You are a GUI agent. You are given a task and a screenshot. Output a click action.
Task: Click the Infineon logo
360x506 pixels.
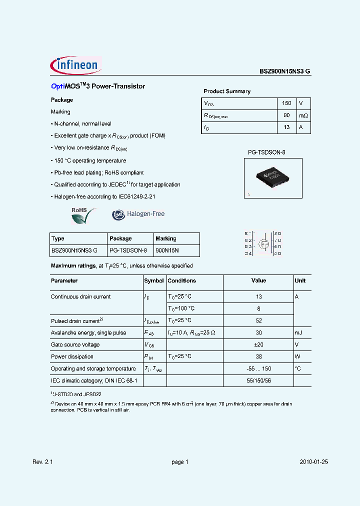tap(75, 65)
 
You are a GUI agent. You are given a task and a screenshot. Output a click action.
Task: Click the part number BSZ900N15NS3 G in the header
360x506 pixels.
tap(284, 71)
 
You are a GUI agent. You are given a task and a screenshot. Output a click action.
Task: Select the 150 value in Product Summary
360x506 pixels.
tap(286, 103)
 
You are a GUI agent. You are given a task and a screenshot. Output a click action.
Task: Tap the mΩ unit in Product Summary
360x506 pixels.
tap(303, 115)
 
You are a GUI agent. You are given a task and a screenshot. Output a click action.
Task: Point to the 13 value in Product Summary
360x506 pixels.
tap(286, 127)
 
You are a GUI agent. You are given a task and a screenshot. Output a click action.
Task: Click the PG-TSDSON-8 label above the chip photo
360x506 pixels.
tap(266, 151)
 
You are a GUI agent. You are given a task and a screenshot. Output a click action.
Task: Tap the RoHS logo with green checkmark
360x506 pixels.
tap(81, 215)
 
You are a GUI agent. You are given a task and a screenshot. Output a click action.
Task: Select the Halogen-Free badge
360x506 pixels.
tap(138, 214)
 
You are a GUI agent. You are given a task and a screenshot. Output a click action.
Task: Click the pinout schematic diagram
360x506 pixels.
tap(263, 243)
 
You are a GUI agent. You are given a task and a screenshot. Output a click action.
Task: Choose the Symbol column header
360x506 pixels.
tap(154, 281)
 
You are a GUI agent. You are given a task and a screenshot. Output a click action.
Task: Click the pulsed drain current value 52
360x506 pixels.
tap(258, 320)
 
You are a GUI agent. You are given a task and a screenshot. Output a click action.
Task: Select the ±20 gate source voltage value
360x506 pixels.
tap(258, 344)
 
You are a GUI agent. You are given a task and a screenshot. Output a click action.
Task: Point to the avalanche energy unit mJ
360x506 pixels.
tap(298, 332)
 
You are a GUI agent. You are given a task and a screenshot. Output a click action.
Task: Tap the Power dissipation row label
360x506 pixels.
tap(72, 356)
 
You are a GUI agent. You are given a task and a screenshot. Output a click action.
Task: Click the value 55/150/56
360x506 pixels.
tap(258, 380)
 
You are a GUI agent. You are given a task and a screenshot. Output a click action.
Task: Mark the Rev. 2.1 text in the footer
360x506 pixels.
tap(42, 462)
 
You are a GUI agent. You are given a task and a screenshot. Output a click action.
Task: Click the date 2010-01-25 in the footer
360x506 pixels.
tap(314, 462)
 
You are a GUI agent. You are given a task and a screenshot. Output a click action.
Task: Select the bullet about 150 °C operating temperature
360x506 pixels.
tap(89, 160)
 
